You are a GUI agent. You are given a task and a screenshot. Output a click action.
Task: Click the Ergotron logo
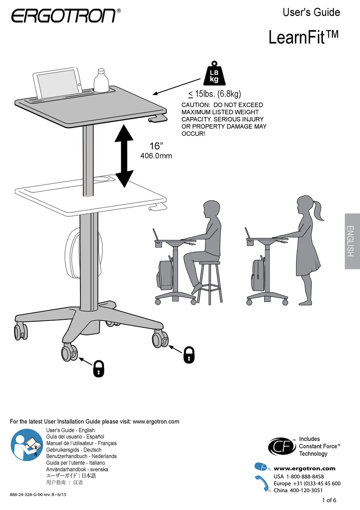coord(64,16)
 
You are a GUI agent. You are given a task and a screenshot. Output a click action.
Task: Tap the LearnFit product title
coord(303,38)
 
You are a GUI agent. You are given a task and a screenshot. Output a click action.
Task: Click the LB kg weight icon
coord(214,75)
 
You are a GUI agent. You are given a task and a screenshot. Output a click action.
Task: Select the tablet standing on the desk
coord(58,84)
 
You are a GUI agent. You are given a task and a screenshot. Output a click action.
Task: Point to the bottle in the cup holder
coord(101,80)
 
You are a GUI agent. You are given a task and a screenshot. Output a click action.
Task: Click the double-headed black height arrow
coord(124,156)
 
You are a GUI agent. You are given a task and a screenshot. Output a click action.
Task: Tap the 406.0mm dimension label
coord(156,156)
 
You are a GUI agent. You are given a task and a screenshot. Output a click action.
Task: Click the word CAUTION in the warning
coord(196,105)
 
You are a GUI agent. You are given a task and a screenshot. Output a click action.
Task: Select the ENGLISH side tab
coord(352,241)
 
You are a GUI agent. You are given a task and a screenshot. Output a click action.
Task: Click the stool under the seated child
coord(209,280)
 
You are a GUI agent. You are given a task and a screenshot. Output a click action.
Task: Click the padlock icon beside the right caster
coord(189,355)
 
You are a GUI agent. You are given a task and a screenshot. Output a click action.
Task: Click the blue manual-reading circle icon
coord(27,445)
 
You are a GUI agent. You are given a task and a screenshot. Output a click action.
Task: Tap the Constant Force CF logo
coord(282,447)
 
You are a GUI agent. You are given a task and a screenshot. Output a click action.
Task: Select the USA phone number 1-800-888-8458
coord(305,477)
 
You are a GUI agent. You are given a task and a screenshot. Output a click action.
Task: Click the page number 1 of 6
coord(329,500)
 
